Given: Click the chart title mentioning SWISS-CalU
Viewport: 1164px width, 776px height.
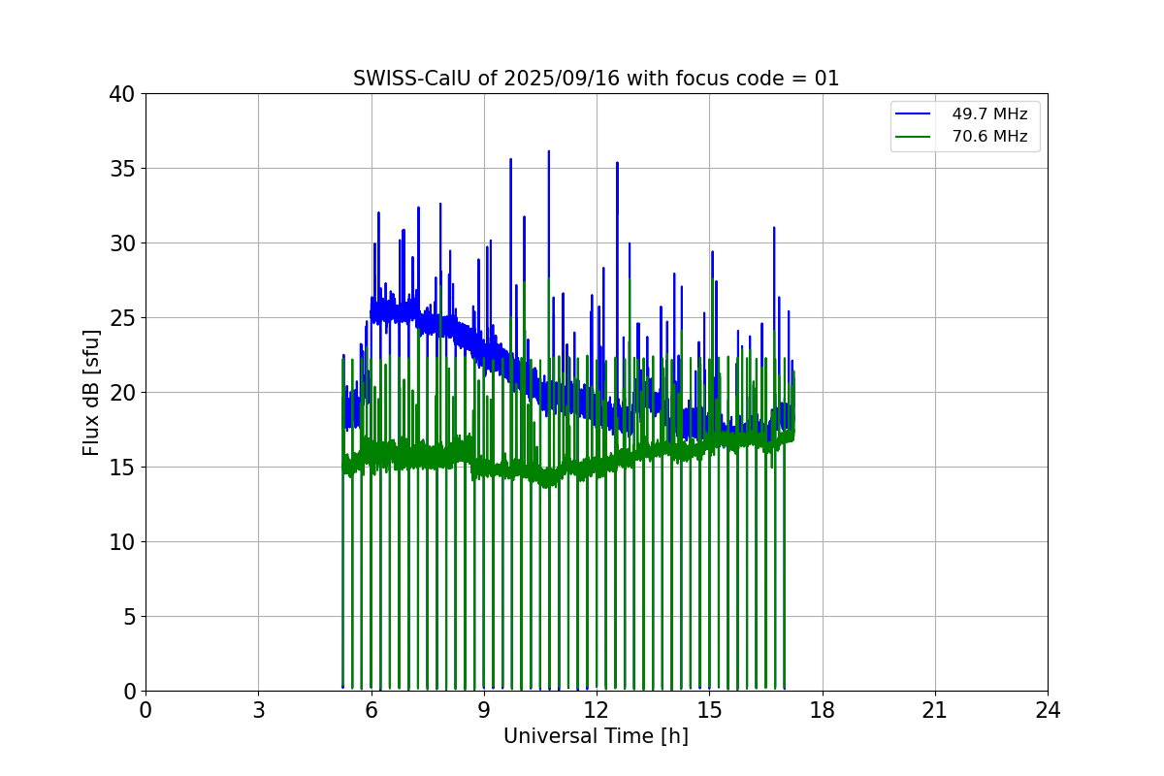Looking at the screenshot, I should [x=596, y=79].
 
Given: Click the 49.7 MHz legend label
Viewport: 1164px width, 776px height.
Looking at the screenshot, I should [x=989, y=114].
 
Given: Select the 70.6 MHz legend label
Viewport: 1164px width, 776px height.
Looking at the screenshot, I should [x=989, y=137].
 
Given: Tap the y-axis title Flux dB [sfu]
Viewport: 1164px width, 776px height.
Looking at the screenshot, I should [x=91, y=392].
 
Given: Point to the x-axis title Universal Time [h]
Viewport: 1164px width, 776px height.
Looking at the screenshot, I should [x=596, y=736].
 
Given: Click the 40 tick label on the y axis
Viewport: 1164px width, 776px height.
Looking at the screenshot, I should [x=122, y=94].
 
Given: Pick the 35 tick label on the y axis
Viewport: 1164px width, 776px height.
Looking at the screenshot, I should [x=122, y=169].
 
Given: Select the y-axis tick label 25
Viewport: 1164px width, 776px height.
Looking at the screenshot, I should [x=122, y=318].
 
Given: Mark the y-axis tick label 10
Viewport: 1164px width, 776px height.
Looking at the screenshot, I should [x=122, y=542].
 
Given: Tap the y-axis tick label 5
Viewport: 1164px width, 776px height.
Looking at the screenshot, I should [x=128, y=617].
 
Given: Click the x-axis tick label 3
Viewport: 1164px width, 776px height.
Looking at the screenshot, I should [x=258, y=710].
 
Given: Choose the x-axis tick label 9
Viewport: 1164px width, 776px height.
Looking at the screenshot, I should [x=484, y=710].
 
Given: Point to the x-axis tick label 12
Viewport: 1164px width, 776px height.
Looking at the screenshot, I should [x=597, y=710].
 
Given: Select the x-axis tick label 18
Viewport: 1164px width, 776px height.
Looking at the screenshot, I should [x=823, y=710].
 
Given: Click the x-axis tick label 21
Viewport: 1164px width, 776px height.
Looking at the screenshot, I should [x=935, y=710].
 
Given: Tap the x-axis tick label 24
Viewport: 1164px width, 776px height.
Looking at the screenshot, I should [x=1048, y=710].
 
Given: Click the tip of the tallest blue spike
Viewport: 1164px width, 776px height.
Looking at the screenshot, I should [x=548, y=151].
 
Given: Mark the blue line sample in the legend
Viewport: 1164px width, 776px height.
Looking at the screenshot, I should [x=913, y=114].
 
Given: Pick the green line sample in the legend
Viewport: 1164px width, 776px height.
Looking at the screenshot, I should [x=913, y=137].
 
